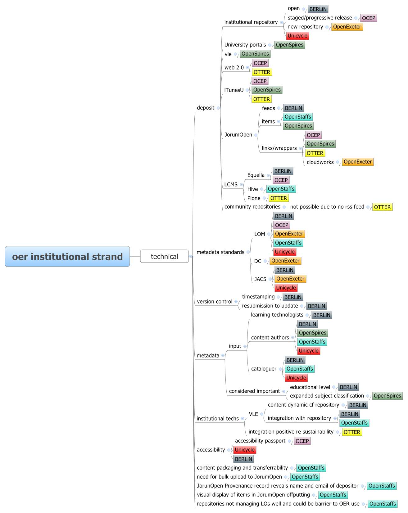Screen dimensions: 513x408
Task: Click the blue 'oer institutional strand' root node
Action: (67, 256)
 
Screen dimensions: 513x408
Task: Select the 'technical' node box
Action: (164, 256)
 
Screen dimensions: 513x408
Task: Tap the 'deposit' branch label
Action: (206, 108)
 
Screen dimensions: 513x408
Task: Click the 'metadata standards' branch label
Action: (220, 252)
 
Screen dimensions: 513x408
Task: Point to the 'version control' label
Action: (215, 301)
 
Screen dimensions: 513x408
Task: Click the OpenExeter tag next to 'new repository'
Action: (347, 27)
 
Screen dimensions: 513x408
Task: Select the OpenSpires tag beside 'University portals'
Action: (289, 45)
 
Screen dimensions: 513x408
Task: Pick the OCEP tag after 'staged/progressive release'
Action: (369, 18)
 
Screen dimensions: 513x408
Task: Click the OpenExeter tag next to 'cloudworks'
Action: (358, 162)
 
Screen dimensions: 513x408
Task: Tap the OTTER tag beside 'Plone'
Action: (279, 198)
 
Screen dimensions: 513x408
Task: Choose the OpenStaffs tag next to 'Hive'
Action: (281, 189)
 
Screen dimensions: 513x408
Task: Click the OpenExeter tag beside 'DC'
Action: (285, 261)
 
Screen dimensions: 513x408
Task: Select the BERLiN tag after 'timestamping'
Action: (293, 297)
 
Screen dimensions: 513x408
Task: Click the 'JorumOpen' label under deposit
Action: (238, 135)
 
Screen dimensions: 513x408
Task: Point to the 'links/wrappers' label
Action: (279, 148)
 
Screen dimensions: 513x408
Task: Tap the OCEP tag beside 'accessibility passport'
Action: (302, 441)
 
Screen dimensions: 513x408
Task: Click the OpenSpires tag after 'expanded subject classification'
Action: (387, 396)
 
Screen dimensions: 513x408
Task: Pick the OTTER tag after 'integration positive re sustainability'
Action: (352, 432)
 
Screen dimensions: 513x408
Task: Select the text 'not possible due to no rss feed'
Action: (327, 207)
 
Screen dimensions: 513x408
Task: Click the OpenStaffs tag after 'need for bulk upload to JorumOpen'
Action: (305, 477)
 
